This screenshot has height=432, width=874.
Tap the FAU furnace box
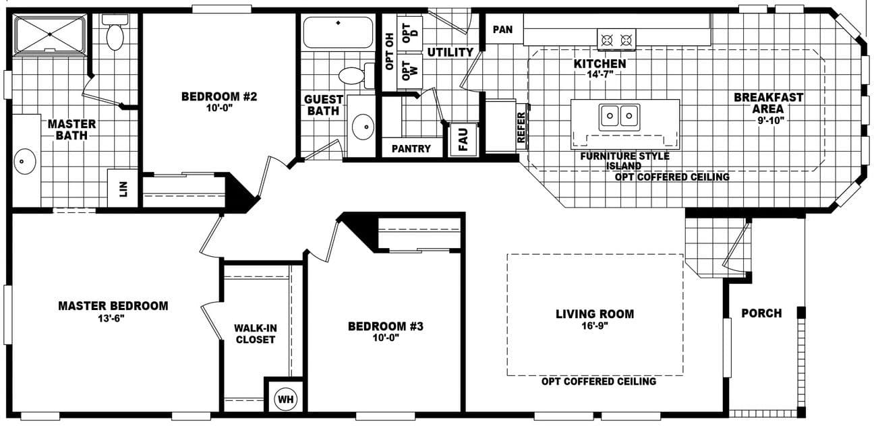463,139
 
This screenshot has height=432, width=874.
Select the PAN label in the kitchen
502,30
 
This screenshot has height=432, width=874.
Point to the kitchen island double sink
619,116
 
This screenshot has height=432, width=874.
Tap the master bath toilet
115,34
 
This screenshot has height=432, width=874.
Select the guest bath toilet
353,74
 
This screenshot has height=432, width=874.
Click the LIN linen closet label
123,188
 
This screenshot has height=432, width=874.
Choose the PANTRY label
411,148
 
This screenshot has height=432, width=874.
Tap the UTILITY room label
450,52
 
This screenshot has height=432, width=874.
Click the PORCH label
761,313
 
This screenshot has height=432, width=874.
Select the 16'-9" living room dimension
595,326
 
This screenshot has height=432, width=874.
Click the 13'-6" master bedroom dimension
113,318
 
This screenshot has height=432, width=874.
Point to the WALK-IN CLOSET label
254,334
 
